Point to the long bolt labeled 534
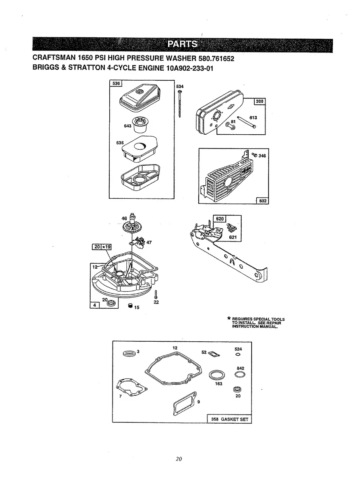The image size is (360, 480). [180, 103]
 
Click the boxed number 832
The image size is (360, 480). [263, 201]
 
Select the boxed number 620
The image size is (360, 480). [220, 219]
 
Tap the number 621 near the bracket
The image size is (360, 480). [233, 237]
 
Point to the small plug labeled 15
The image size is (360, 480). [130, 306]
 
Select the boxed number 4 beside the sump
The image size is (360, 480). [95, 305]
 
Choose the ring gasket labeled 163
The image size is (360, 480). [216, 375]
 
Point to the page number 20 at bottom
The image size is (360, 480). [179, 459]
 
